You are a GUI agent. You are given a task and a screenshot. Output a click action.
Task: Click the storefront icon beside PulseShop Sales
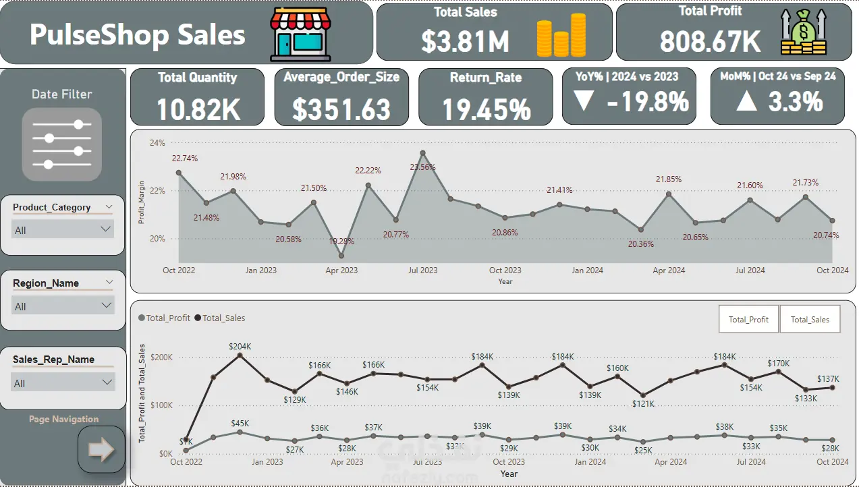(300, 34)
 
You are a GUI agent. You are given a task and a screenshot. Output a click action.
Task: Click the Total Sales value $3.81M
(466, 42)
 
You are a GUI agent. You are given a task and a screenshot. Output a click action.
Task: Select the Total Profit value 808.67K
(710, 42)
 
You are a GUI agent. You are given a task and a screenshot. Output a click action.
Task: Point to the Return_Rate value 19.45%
(486, 109)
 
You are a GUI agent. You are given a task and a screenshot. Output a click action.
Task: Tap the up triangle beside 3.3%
(746, 102)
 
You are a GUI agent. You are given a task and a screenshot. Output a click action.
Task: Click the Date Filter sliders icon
(62, 144)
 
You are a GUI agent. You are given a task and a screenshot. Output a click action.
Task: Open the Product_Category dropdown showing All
(63, 230)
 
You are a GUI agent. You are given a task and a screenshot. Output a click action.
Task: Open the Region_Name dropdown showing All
(63, 306)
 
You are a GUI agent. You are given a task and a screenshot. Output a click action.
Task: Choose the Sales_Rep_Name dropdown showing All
(63, 383)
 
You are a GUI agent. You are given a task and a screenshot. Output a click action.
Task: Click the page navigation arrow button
(101, 450)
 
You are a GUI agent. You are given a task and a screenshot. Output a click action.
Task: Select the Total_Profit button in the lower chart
(748, 320)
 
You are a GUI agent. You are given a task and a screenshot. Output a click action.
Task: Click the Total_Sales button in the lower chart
(810, 320)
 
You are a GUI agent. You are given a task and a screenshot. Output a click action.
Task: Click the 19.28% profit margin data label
(341, 241)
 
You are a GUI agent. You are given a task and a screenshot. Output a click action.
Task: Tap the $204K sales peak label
(240, 347)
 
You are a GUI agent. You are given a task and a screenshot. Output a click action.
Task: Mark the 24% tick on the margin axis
(157, 143)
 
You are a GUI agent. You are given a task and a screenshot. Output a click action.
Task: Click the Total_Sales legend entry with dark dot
(220, 318)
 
